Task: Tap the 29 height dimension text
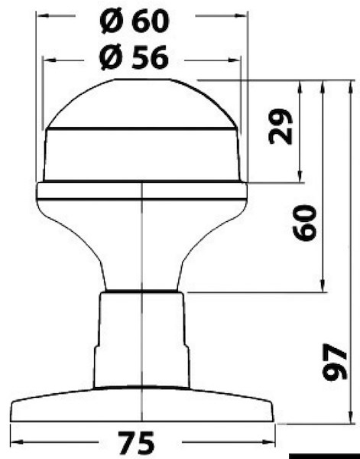pos(282,127)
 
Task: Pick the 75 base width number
pos(136,442)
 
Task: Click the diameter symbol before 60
pos(111,21)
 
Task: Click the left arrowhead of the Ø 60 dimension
pos(41,15)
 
